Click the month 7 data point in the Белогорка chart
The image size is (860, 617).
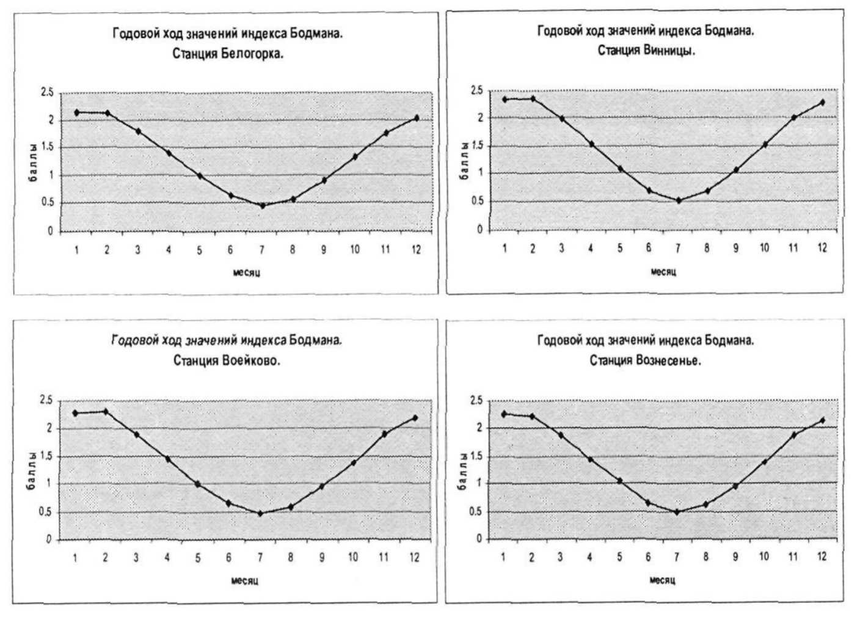click(x=262, y=206)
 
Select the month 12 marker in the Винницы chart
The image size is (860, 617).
click(x=822, y=103)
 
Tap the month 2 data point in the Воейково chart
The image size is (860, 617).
click(x=106, y=412)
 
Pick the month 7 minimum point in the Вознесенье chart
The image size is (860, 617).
click(x=677, y=512)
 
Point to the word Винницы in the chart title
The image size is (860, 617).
click(x=669, y=50)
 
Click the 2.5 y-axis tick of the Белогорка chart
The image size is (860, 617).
click(x=47, y=93)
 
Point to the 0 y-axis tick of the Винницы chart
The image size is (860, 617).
click(x=480, y=230)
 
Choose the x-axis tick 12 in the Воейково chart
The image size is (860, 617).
click(x=415, y=558)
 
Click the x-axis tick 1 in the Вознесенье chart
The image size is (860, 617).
click(x=503, y=557)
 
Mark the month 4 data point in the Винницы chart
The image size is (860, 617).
click(x=591, y=144)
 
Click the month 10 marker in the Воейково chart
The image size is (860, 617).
click(x=353, y=463)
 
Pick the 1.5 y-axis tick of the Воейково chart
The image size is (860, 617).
click(x=46, y=457)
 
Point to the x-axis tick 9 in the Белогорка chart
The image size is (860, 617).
click(x=324, y=249)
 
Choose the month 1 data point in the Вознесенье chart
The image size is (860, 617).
click(x=504, y=414)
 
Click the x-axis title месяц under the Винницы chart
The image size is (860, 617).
click(x=663, y=271)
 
